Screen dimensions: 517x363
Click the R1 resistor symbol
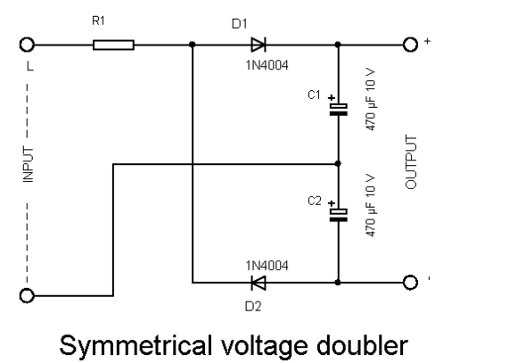point(113,45)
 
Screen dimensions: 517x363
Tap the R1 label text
point(98,21)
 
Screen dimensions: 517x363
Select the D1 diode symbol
point(258,45)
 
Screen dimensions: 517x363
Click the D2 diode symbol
point(258,283)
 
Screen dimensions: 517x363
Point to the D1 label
point(240,24)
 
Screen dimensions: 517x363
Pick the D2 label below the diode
point(253,307)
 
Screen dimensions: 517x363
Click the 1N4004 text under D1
point(267,65)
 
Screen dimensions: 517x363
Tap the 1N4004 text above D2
point(267,266)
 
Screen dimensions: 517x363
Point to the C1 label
point(314,95)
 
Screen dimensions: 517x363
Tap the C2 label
point(315,201)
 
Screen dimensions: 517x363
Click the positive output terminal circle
point(411,45)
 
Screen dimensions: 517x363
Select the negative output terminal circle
point(411,283)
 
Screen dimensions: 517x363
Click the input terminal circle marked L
point(27,45)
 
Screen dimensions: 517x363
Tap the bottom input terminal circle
point(27,296)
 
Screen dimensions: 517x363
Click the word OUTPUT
point(411,161)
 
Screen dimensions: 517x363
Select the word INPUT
point(29,165)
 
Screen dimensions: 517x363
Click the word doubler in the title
point(363,345)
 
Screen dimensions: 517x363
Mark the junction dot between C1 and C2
point(338,163)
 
